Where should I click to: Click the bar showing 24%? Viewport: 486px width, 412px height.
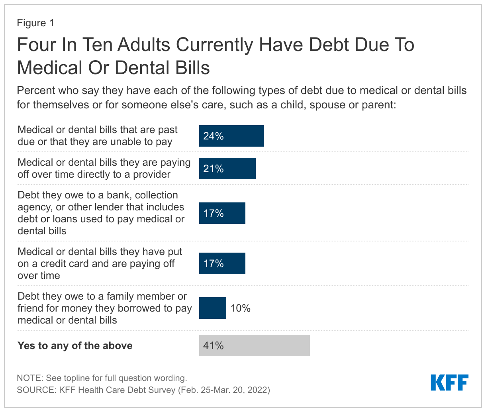click(231, 136)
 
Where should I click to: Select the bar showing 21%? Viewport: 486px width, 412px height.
click(227, 169)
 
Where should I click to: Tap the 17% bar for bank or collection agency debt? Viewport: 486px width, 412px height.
click(222, 213)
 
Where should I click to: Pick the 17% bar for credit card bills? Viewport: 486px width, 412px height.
click(222, 263)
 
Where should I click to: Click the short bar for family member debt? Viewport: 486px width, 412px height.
click(212, 308)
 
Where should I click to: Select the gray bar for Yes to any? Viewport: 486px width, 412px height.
click(254, 345)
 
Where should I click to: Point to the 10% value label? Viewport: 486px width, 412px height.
click(241, 308)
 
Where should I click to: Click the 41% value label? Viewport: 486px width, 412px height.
click(214, 345)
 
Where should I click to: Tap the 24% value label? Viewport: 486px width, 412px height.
click(214, 136)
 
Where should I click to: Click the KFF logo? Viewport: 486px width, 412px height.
click(449, 383)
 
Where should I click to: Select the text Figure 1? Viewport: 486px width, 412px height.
click(35, 23)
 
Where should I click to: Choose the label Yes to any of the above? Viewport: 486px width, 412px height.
click(75, 345)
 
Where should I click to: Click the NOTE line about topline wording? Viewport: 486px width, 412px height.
click(102, 378)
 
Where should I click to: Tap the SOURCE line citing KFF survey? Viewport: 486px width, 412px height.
click(143, 390)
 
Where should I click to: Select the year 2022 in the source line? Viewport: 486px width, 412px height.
click(257, 390)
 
